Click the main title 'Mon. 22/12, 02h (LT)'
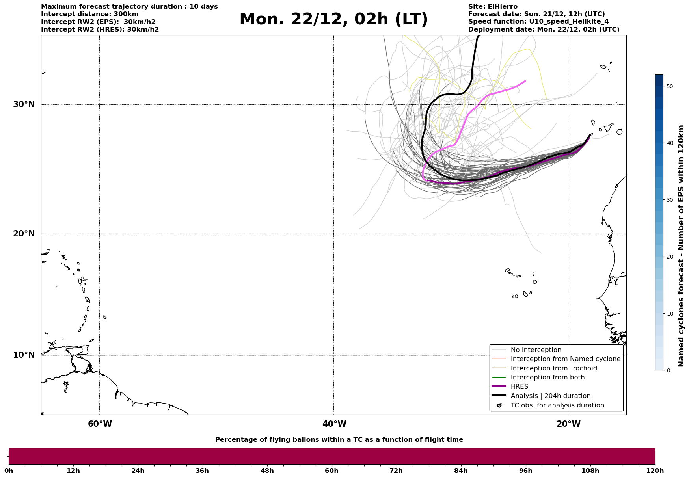click(x=333, y=19)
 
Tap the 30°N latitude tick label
click(x=24, y=104)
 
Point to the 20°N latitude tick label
click(x=24, y=234)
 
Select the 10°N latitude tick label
click(x=24, y=355)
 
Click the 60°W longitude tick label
click(x=100, y=424)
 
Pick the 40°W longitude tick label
click(x=334, y=424)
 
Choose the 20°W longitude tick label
click(x=568, y=424)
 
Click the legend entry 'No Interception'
click(x=536, y=350)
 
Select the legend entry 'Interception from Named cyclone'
click(x=565, y=359)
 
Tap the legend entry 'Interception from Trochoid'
click(x=553, y=368)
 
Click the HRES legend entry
click(x=519, y=387)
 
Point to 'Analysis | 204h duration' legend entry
click(x=550, y=396)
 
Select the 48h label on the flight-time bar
click(x=267, y=471)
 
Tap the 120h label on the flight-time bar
click(x=655, y=471)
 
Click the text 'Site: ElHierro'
click(x=493, y=7)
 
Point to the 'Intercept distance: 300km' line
click(x=89, y=14)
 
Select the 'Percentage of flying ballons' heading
click(x=339, y=440)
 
